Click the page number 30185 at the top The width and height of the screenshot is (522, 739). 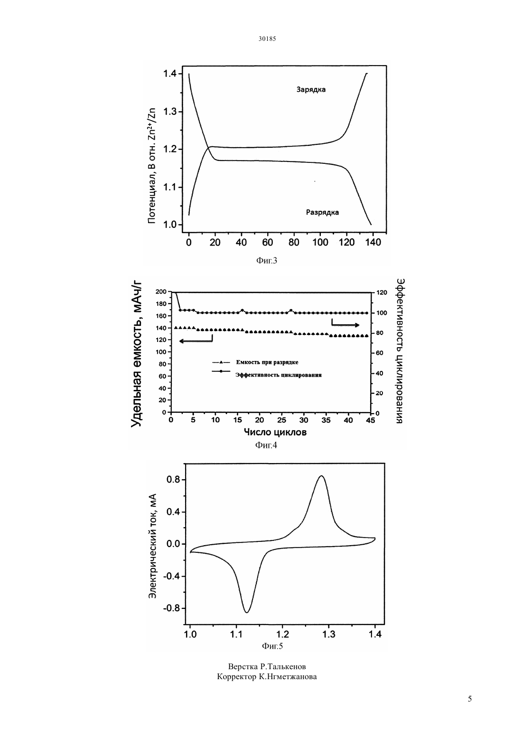pos(267,38)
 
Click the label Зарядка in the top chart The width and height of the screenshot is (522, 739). pos(311,90)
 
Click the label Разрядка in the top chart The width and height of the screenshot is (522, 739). pos(322,212)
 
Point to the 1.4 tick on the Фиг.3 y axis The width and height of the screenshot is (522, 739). pos(171,73)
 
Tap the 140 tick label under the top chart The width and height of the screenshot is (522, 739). pos(373,243)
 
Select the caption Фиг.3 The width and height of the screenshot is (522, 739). pos(267,261)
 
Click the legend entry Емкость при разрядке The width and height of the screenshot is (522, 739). pos(267,362)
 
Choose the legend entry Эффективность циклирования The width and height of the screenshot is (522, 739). pos(279,375)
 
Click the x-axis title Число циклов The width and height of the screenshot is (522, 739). pos(275,432)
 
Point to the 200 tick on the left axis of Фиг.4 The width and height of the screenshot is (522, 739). pos(161,292)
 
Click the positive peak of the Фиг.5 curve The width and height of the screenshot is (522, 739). pos(321,476)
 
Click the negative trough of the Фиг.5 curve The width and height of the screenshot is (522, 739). pos(246,612)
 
